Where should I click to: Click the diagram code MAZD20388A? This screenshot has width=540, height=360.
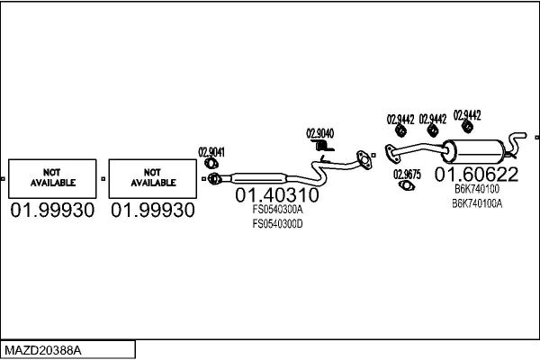(43, 350)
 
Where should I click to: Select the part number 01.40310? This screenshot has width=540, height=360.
(277, 195)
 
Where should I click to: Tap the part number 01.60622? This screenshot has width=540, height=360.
(476, 175)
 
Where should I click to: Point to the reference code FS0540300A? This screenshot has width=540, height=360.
(277, 209)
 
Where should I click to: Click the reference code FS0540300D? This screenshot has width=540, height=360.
(277, 224)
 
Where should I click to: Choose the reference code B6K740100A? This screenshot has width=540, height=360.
(477, 203)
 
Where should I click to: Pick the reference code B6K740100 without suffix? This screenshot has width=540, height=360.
(477, 189)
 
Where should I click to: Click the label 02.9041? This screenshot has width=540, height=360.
(211, 152)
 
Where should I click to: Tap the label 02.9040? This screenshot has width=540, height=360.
(319, 133)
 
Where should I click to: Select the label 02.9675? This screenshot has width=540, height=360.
(407, 175)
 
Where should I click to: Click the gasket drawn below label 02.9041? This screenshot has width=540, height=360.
(211, 163)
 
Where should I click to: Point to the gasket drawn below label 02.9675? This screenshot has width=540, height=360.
(407, 185)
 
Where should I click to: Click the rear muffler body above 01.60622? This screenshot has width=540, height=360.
(474, 151)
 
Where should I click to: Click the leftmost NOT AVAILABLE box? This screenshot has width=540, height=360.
(52, 179)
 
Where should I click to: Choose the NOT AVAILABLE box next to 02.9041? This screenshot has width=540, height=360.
(153, 179)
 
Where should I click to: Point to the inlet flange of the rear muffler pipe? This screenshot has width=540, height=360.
(391, 154)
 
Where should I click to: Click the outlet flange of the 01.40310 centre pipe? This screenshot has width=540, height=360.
(364, 160)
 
